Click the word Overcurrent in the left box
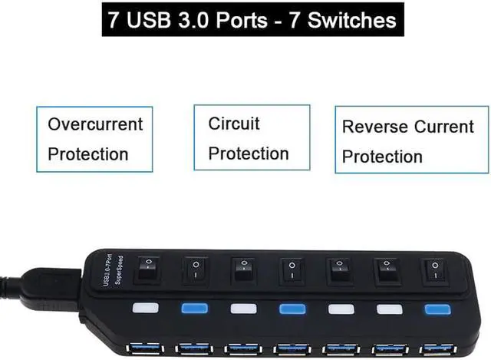point(95,124)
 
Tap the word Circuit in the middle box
point(234,124)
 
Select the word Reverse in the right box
point(375,127)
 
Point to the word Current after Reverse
point(445,127)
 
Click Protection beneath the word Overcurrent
point(88,154)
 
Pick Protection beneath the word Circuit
point(249,154)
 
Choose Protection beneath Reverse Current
point(382,157)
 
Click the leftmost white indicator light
point(144,309)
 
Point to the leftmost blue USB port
point(144,348)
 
